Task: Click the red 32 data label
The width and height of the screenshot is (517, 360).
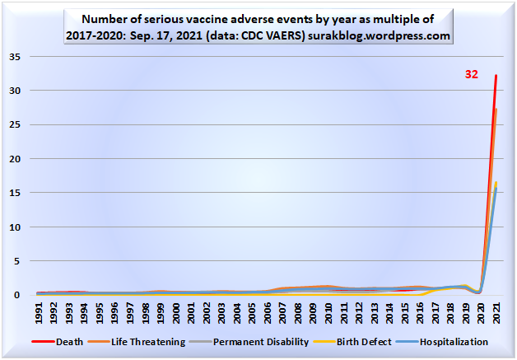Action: [472, 73]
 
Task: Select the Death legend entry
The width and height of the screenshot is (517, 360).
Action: [71, 341]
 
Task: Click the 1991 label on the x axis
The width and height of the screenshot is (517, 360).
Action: [39, 314]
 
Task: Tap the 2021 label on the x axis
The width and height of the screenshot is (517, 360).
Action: [496, 314]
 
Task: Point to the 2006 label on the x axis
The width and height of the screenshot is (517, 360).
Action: [268, 314]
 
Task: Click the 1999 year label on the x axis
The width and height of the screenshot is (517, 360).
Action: [161, 314]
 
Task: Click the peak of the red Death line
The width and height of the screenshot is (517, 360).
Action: [496, 76]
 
